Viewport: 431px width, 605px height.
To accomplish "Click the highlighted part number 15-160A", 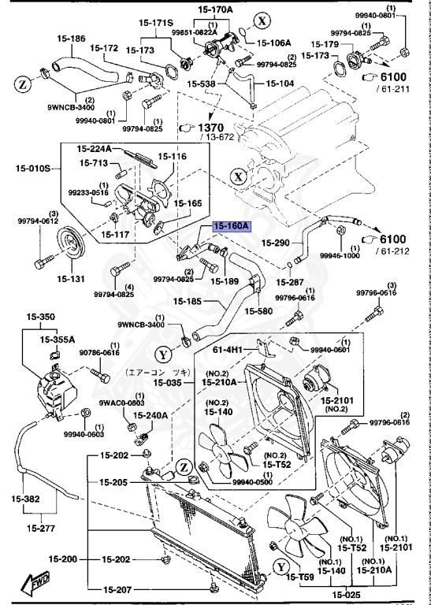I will [x=231, y=225].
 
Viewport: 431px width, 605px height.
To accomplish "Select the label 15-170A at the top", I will [x=214, y=9].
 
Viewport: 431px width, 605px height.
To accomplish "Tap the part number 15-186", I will [x=70, y=38].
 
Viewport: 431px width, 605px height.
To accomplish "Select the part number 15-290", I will [x=277, y=243].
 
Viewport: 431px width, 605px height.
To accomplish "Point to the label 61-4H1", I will [x=230, y=348].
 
